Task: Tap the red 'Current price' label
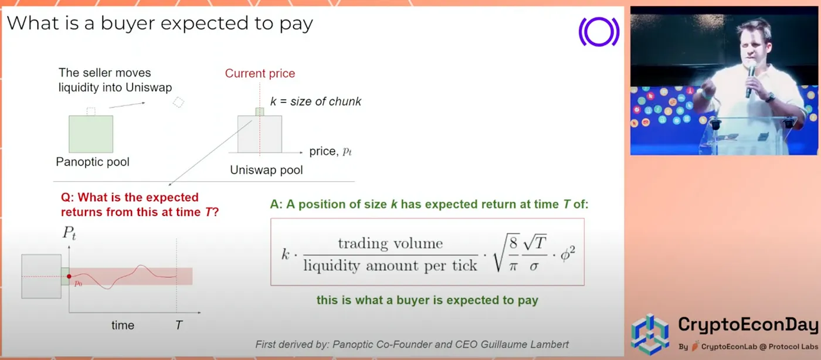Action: point(260,73)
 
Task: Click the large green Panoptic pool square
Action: point(91,134)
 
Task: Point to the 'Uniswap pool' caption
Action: point(266,170)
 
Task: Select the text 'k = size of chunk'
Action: point(315,101)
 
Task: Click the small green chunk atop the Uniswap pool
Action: point(259,112)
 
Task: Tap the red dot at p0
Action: point(69,276)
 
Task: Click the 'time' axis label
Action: point(123,325)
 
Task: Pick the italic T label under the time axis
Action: point(179,325)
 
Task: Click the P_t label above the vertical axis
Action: point(69,233)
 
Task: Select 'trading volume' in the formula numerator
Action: point(391,243)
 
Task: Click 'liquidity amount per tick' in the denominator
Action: point(391,266)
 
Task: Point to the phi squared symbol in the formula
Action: point(568,254)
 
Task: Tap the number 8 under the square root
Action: point(513,243)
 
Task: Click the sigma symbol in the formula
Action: point(534,266)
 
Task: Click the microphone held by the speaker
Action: point(751,79)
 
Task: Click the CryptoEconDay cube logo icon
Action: point(650,334)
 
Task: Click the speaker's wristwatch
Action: point(771,97)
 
